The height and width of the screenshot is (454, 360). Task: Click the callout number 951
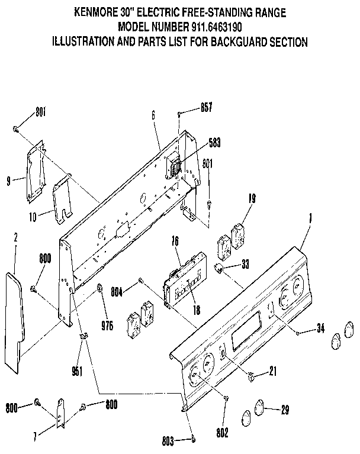point(77,371)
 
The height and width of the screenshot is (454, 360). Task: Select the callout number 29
point(285,409)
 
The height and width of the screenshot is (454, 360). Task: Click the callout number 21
point(272,372)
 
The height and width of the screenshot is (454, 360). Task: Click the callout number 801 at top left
point(40,111)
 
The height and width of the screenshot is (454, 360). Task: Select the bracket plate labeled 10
point(62,198)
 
